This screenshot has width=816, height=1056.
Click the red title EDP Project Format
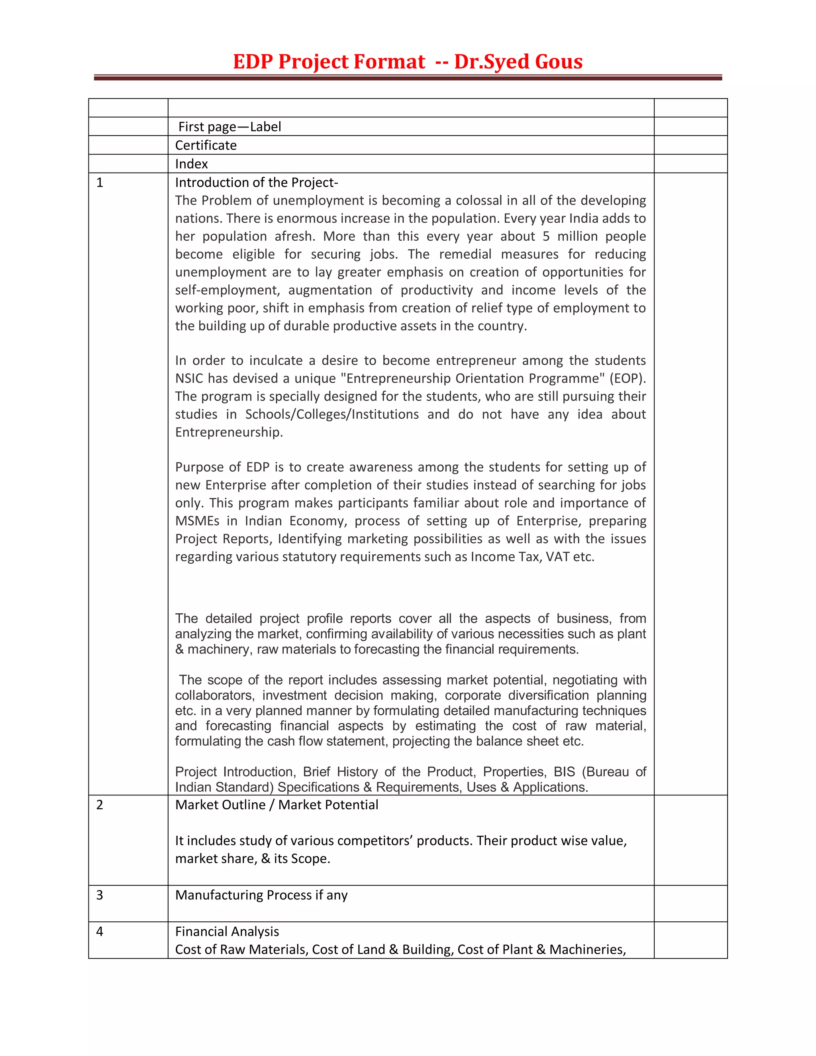pos(329,62)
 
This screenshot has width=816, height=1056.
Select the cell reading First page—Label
pos(229,127)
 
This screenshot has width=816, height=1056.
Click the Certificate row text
pos(206,145)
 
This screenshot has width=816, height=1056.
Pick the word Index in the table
pos(191,164)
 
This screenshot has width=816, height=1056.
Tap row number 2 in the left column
pos(100,805)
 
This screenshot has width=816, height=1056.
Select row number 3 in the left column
pos(100,895)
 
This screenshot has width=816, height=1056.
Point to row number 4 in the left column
pos(100,931)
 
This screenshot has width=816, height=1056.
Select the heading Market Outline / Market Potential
pos(277,805)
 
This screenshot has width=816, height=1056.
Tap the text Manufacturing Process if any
pos(261,895)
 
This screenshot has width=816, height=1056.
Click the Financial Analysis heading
pos(227,931)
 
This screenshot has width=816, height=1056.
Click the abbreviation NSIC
pos(189,378)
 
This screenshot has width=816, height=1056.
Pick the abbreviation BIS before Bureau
pos(564,772)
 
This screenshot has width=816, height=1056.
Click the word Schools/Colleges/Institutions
pos(331,414)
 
